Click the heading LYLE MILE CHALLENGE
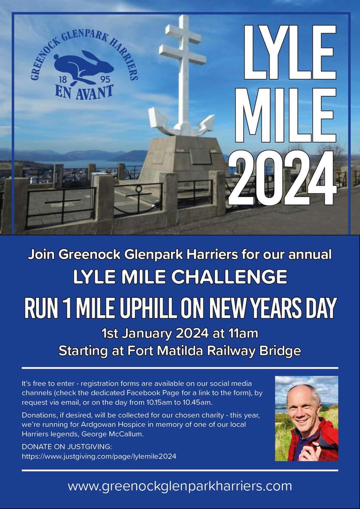click(180, 277)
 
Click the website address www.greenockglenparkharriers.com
click(180, 485)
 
